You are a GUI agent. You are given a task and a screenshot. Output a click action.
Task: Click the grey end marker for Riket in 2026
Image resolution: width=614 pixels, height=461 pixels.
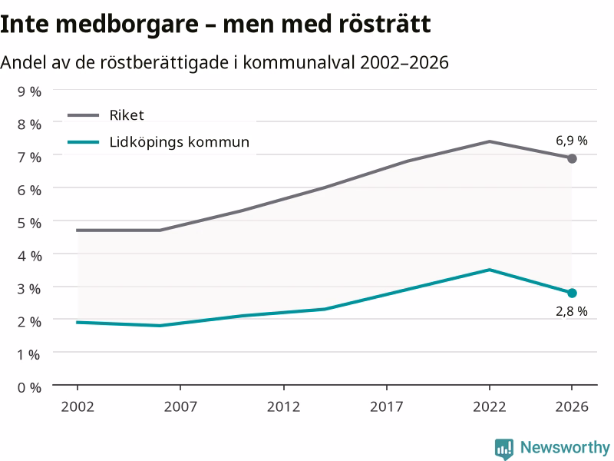tap(572, 159)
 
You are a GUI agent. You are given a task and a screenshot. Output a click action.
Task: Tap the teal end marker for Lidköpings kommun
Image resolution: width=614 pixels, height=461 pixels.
tap(572, 294)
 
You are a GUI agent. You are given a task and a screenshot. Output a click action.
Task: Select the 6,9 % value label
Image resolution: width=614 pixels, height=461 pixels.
tap(572, 141)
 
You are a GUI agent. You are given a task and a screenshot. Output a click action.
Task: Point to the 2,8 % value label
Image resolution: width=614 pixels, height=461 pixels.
tap(572, 311)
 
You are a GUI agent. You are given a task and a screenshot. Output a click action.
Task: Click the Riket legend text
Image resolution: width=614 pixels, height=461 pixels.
tap(127, 115)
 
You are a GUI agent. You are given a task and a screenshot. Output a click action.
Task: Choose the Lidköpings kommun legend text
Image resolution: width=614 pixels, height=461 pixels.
tap(180, 142)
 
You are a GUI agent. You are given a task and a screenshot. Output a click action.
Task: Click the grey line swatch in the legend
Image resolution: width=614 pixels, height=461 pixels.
tap(83, 115)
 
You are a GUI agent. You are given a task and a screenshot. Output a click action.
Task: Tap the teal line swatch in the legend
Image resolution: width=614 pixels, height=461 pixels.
tap(83, 142)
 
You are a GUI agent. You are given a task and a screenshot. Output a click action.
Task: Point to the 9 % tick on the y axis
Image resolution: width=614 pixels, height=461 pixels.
tap(29, 91)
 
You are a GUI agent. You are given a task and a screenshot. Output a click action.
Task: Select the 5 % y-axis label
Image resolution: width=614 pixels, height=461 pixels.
tap(29, 223)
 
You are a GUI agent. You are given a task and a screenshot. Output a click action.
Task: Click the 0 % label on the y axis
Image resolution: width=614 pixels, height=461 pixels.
tap(29, 388)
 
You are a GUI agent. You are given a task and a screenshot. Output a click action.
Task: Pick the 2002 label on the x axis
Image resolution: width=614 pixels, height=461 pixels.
tap(78, 407)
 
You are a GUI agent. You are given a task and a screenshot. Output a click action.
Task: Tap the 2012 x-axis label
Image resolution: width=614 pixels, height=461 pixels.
tap(283, 407)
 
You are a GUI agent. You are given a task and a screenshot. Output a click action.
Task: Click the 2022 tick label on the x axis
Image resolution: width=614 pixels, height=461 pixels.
tap(490, 407)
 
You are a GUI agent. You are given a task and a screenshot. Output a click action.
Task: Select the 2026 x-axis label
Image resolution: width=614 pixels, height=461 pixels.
tap(572, 407)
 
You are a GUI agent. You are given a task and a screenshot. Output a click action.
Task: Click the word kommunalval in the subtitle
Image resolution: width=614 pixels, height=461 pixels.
tap(299, 62)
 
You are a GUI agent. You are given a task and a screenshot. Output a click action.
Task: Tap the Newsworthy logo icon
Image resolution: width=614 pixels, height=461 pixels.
tap(504, 448)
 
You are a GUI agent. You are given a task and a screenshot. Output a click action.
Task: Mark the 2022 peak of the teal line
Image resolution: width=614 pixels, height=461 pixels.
tap(490, 270)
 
